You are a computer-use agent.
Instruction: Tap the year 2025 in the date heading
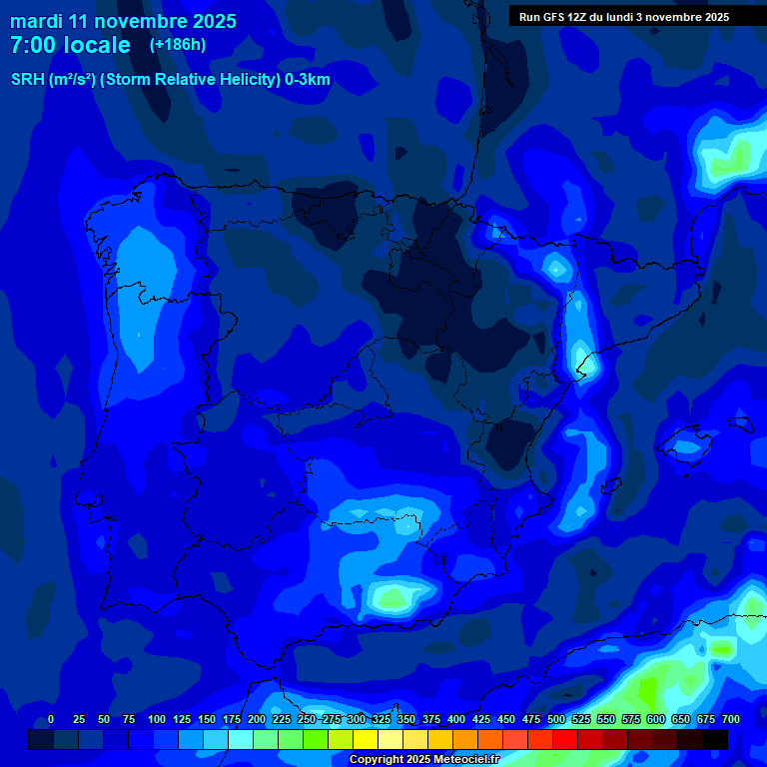click(210, 21)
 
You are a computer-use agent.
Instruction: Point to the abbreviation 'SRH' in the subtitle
click(27, 80)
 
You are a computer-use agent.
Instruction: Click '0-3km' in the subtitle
click(308, 80)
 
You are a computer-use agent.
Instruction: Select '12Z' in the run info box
click(579, 17)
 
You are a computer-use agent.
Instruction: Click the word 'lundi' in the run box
click(629, 17)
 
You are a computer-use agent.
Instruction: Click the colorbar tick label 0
click(51, 720)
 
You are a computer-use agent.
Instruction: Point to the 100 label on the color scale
click(157, 720)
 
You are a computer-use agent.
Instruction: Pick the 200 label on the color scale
click(257, 720)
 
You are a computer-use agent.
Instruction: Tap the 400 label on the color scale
click(456, 720)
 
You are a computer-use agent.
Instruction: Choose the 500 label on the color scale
click(556, 720)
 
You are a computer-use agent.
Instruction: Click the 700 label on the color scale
click(731, 720)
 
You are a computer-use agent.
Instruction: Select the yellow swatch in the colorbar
click(366, 739)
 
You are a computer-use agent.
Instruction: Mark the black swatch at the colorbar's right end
click(714, 739)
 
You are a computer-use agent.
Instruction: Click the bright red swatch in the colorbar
click(564, 739)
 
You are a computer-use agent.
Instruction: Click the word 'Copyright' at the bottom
click(377, 760)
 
